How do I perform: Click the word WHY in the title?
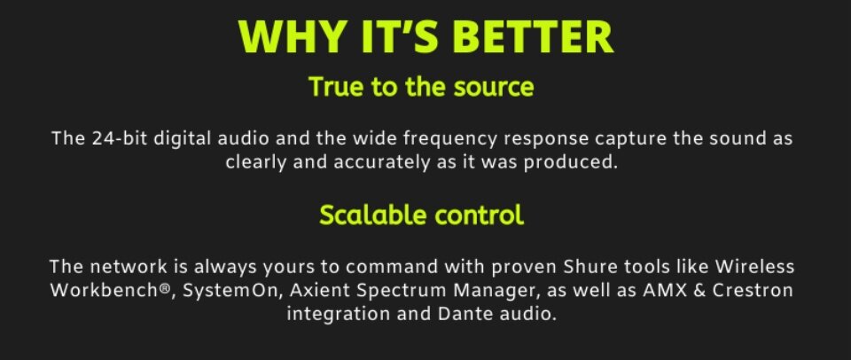pos(293,36)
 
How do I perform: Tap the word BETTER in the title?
pos(533,36)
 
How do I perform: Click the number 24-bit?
pos(120,138)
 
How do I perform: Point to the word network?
pos(128,267)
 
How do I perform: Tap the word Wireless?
pos(754,267)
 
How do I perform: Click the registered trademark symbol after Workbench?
pos(166,288)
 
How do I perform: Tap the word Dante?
pos(458,314)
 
